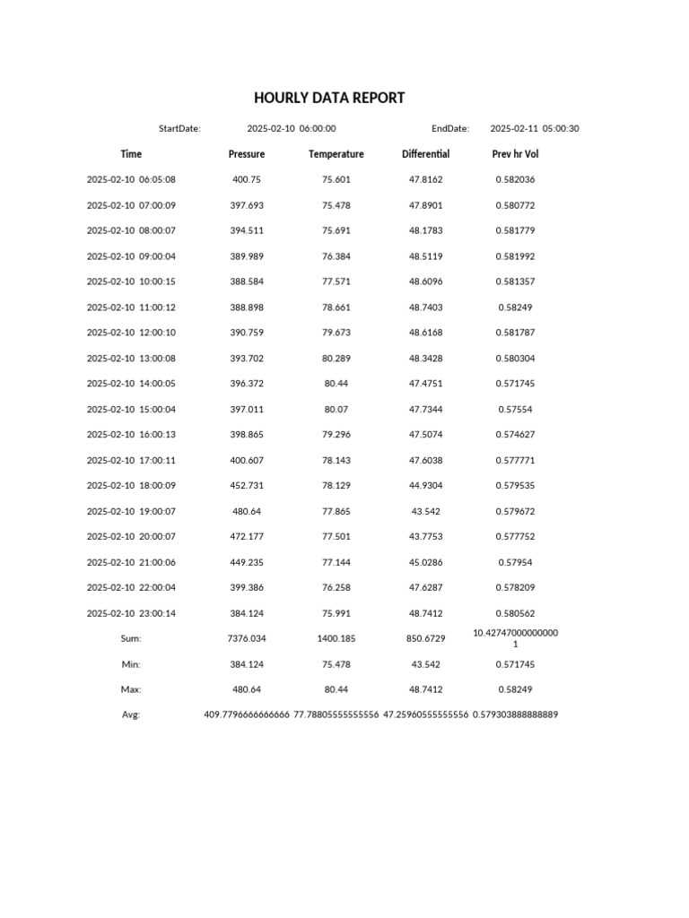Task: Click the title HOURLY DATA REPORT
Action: pyautogui.click(x=329, y=98)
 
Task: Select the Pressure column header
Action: pyautogui.click(x=247, y=154)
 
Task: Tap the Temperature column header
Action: pyautogui.click(x=336, y=154)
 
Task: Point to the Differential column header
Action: pyautogui.click(x=426, y=154)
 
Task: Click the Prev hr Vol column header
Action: pyautogui.click(x=516, y=154)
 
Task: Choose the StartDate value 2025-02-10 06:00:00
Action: pyautogui.click(x=292, y=128)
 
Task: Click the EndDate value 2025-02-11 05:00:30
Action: pyautogui.click(x=535, y=128)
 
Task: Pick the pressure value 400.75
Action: pyautogui.click(x=247, y=179)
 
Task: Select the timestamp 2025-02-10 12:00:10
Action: pyautogui.click(x=131, y=333)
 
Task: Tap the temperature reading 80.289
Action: pyautogui.click(x=336, y=358)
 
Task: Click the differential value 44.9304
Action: pyautogui.click(x=426, y=485)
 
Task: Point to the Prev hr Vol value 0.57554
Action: pyautogui.click(x=516, y=409)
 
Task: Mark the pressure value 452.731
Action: pyautogui.click(x=247, y=485)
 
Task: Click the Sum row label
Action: pyautogui.click(x=131, y=638)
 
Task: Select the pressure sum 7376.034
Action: pyautogui.click(x=247, y=638)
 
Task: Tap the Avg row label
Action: pyautogui.click(x=131, y=714)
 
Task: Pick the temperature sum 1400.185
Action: pyautogui.click(x=336, y=638)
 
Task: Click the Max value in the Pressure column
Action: pyautogui.click(x=247, y=689)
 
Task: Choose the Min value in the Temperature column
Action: pyautogui.click(x=336, y=664)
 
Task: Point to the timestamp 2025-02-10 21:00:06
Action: pyautogui.click(x=131, y=562)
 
